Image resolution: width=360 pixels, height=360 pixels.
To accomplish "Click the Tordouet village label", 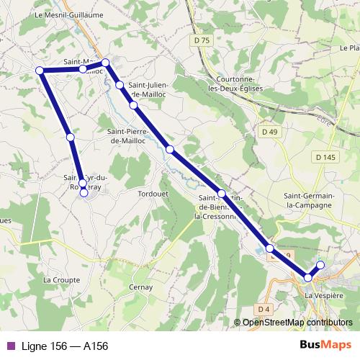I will [x=152, y=194].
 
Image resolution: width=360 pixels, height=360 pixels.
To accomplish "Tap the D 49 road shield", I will [x=269, y=132].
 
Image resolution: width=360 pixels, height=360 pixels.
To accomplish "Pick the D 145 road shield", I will [x=325, y=157].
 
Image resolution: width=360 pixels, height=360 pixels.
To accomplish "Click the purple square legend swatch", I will [x=10, y=346].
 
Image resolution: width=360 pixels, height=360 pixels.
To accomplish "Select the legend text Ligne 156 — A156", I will [x=65, y=346].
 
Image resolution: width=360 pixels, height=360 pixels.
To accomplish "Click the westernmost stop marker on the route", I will [x=40, y=71].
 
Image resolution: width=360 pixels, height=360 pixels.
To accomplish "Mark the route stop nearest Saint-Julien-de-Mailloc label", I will [x=119, y=85].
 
